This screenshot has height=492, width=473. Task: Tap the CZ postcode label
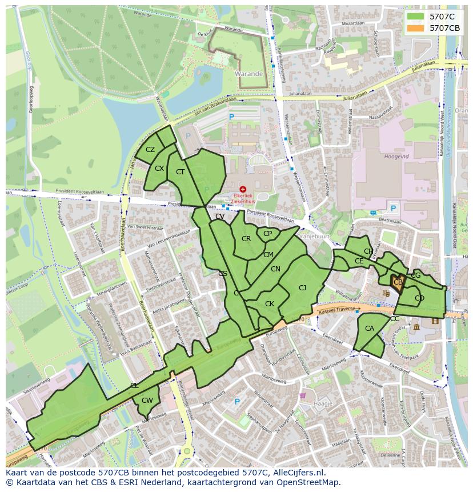(x=150, y=150)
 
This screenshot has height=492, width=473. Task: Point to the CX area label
(x=159, y=169)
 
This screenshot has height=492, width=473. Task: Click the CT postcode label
(x=180, y=172)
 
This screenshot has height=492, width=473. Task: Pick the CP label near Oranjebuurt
(x=267, y=234)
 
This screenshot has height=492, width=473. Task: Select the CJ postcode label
(x=303, y=288)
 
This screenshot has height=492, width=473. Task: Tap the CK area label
(x=270, y=304)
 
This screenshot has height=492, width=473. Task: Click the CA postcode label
(x=370, y=329)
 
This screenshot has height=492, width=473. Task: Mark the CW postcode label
(x=147, y=401)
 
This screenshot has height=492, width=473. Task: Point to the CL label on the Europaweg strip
(x=134, y=386)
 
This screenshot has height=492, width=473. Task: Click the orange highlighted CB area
(x=398, y=282)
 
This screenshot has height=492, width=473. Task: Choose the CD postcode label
(x=420, y=298)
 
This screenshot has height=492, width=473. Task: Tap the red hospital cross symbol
(x=243, y=189)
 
